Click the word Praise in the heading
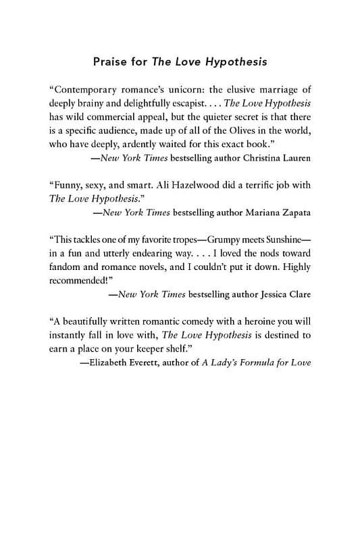point(111,62)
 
